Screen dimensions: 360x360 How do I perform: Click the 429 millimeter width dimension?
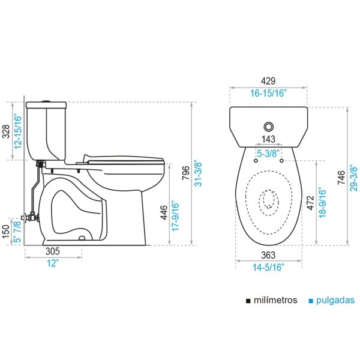268,81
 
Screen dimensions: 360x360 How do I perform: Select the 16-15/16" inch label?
268,94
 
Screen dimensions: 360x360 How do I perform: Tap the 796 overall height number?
186,173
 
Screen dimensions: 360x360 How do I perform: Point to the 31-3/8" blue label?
198,173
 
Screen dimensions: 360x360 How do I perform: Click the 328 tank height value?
6,131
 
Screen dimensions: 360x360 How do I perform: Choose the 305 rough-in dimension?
53,251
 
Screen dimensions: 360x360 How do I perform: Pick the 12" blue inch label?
53,263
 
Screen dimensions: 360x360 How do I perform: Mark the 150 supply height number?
6,232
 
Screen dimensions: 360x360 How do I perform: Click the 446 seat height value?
164,212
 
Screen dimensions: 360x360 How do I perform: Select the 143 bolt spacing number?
268,139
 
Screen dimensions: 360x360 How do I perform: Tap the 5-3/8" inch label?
268,154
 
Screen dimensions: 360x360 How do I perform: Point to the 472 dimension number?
310,203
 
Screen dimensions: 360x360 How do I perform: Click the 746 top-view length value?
341,177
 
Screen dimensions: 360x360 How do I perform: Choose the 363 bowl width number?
268,255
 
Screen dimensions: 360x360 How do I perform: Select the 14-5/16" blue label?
268,268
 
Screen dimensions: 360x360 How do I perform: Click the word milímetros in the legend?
275,300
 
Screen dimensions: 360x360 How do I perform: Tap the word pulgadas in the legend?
335,301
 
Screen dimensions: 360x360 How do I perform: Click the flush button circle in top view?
268,127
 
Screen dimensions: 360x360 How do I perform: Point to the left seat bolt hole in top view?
256,161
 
